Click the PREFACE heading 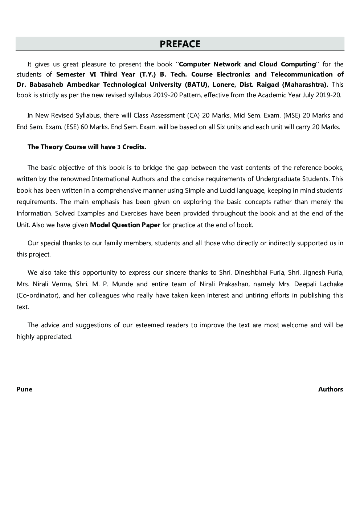tap(180, 44)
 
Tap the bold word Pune tap(24, 389)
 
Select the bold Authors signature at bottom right tap(330, 389)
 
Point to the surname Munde tap(123, 284)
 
